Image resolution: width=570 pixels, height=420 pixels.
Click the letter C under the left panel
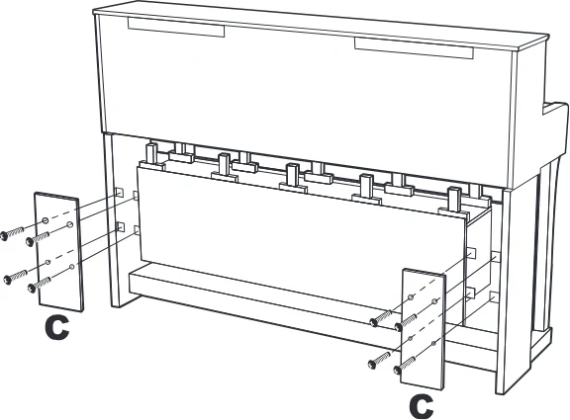point(57,328)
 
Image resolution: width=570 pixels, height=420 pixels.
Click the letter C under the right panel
point(422,406)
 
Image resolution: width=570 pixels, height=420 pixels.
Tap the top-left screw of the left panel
point(12,232)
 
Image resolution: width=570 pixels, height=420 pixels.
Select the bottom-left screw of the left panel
point(15,278)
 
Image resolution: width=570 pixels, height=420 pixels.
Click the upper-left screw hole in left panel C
point(46,220)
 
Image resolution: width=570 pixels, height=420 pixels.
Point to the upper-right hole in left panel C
point(70,225)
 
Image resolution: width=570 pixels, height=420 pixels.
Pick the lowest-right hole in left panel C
point(71,267)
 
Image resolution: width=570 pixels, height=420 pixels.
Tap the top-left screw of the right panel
point(381,317)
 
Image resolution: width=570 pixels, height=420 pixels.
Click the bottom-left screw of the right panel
point(379,360)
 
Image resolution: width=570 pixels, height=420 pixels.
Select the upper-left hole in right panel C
point(411,297)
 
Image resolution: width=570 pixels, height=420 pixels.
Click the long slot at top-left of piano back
point(176,28)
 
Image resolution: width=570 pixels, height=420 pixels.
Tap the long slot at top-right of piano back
point(414,47)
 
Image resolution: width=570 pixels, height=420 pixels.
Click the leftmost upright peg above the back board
point(151,153)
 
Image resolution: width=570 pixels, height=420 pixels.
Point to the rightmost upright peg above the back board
point(454,199)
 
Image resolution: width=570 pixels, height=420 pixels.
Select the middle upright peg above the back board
point(292,175)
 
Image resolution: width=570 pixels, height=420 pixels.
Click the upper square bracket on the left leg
point(119,193)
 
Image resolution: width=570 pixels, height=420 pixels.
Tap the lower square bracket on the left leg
point(120,226)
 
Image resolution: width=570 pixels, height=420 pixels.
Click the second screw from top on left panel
point(38,239)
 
